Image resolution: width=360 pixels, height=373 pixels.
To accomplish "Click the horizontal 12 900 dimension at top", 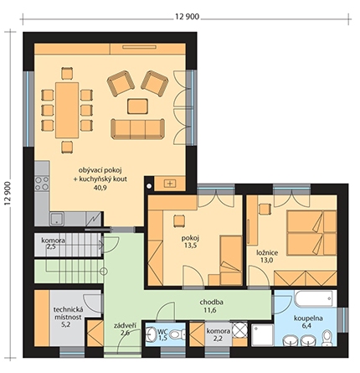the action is [188, 17].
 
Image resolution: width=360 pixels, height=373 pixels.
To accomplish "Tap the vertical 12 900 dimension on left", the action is [8, 193].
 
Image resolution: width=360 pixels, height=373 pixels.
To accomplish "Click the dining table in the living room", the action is [67, 110].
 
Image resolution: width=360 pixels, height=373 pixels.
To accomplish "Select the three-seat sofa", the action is [137, 129].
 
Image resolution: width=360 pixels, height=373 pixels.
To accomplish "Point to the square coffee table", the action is [137, 106].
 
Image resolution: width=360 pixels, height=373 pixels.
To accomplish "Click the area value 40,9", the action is [100, 188].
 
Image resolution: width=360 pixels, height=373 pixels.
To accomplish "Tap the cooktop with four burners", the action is [42, 184].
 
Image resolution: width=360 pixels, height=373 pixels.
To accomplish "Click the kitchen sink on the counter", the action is [57, 219].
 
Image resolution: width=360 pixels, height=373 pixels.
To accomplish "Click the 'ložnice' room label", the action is [267, 253].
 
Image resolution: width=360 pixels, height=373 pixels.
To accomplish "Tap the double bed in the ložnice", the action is [311, 233].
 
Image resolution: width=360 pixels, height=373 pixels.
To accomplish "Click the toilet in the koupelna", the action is [327, 338].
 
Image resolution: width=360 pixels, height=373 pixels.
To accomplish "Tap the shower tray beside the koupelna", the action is [262, 335].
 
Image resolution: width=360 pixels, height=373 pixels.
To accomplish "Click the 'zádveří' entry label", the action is [125, 325].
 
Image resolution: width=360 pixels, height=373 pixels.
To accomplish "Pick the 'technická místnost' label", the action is [69, 313].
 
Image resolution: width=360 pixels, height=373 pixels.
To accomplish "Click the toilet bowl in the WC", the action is [177, 334].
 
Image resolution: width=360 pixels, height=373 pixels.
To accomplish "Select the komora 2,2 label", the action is [219, 335].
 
